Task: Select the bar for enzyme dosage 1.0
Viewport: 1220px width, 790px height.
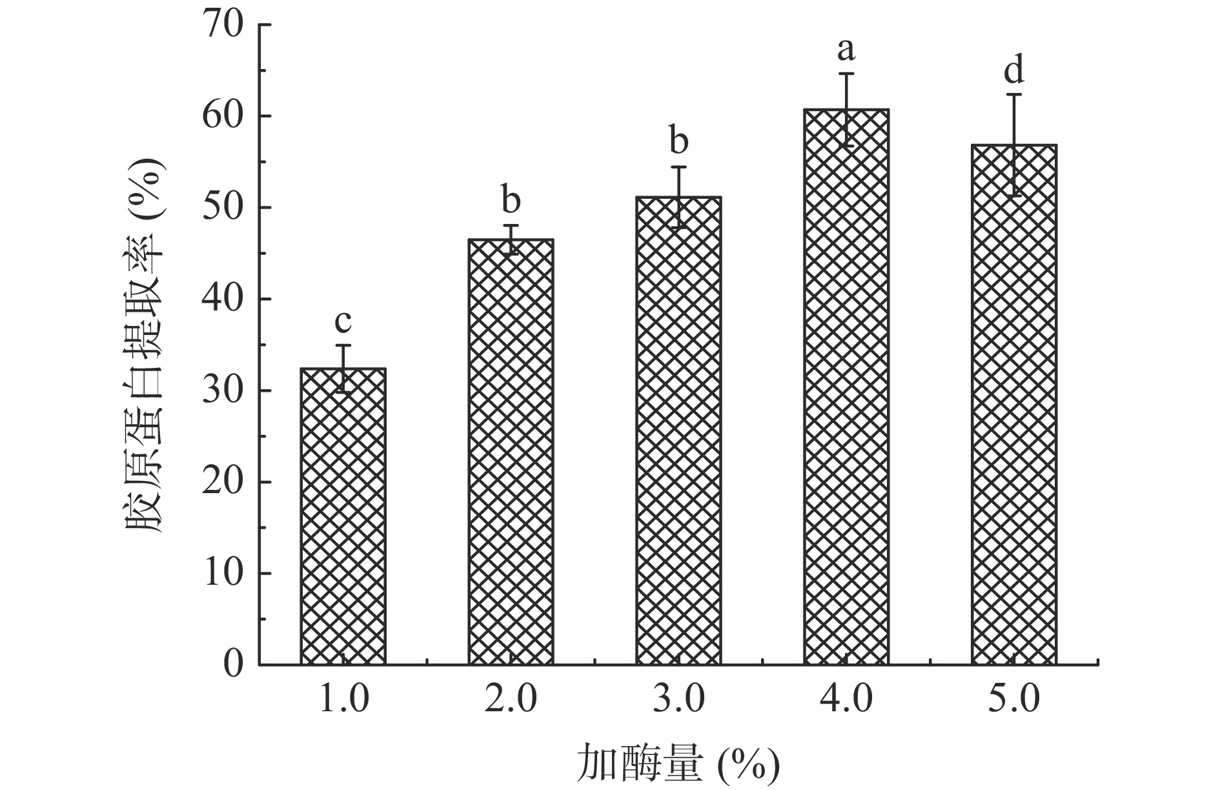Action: pyautogui.click(x=343, y=516)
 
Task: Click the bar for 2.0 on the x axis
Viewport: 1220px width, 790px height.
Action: pyautogui.click(x=511, y=452)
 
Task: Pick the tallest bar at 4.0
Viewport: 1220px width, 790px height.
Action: pyautogui.click(x=846, y=387)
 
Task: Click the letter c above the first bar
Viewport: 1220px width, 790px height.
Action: pyautogui.click(x=343, y=320)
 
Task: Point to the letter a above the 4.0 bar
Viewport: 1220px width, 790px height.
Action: pyautogui.click(x=846, y=48)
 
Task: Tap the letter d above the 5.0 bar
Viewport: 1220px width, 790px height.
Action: pyautogui.click(x=1014, y=70)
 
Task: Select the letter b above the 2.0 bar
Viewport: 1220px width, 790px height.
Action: pyautogui.click(x=511, y=200)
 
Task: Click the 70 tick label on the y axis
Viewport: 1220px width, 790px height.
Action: pyautogui.click(x=223, y=26)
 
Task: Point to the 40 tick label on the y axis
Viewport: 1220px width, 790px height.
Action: pyautogui.click(x=223, y=299)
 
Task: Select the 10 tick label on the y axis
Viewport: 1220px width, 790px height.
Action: pyautogui.click(x=223, y=574)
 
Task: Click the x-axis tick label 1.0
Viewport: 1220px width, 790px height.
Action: pyautogui.click(x=343, y=700)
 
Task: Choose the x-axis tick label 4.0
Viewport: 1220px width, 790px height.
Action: pyautogui.click(x=846, y=700)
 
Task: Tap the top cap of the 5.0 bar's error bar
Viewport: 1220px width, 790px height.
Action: pyautogui.click(x=1014, y=94)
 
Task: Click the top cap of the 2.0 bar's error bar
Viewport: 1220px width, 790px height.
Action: pyautogui.click(x=511, y=225)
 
